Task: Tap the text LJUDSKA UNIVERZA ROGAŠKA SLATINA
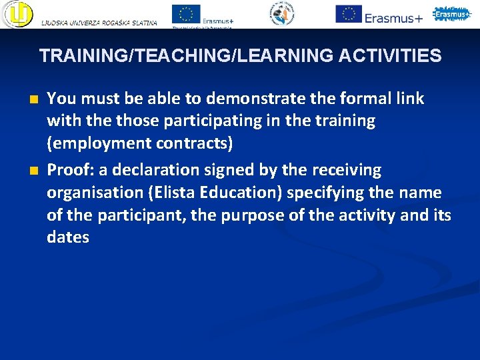tap(99, 23)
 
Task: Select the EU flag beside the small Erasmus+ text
tap(186, 14)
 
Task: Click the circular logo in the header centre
tap(281, 14)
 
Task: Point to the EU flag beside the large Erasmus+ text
tap(349, 13)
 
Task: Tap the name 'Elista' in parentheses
tap(161, 193)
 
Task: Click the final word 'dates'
tap(67, 237)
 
